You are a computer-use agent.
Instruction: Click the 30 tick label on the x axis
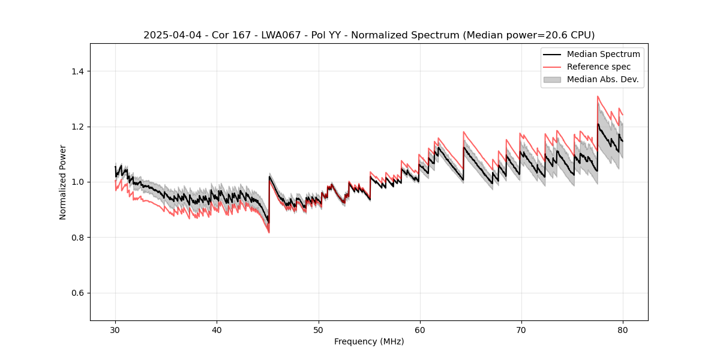(x=115, y=330)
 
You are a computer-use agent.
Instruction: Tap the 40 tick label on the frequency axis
(x=217, y=330)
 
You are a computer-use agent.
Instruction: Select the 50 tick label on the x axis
(x=318, y=330)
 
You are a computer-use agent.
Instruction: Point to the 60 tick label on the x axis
(x=420, y=330)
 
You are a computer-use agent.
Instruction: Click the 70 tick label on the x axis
(x=521, y=330)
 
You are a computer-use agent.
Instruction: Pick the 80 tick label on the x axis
(x=623, y=330)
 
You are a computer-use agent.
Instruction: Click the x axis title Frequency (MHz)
(x=369, y=341)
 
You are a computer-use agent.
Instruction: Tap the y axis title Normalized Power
(x=63, y=182)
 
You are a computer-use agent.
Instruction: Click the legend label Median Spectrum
(x=603, y=54)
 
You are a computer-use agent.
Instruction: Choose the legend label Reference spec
(x=599, y=67)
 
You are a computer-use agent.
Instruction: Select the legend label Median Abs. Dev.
(x=602, y=79)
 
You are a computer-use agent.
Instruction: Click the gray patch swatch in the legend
(x=552, y=79)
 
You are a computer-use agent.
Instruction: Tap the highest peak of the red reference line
(x=598, y=96)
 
